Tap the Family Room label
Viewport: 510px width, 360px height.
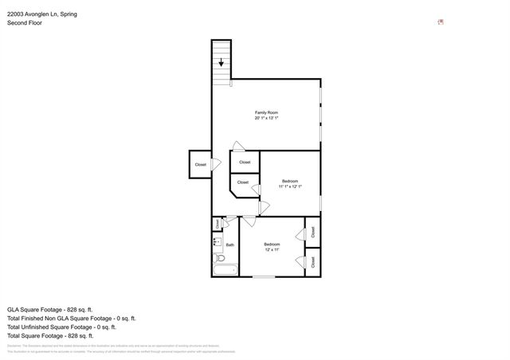pos(266,112)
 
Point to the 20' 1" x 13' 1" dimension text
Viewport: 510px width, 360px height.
pos(266,119)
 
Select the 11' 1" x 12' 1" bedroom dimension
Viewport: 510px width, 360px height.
pos(290,186)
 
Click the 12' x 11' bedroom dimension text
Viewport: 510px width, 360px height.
pos(273,249)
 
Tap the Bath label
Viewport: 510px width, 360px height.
pos(229,245)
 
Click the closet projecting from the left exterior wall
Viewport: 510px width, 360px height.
pos(199,164)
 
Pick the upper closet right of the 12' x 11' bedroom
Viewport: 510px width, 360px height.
pos(312,232)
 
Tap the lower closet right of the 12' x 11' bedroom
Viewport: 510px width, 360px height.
pos(312,260)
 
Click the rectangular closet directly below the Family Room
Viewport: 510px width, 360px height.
pos(245,162)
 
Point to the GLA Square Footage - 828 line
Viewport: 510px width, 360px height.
pos(50,309)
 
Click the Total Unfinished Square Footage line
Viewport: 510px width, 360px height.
pos(62,327)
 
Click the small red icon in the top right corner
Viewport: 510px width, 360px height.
pos(441,22)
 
